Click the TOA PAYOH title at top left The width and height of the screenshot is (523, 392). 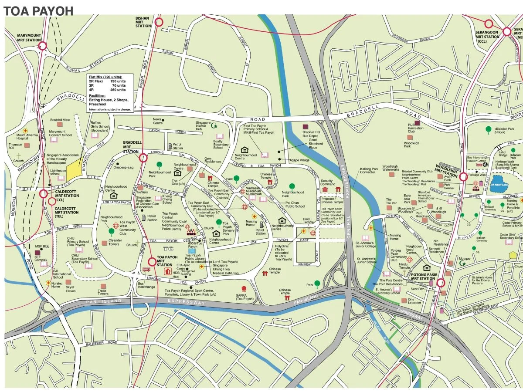pos(38,11)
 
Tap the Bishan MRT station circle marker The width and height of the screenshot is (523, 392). pos(159,22)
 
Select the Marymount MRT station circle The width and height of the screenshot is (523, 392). pos(43,46)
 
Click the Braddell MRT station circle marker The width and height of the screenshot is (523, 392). pos(143,157)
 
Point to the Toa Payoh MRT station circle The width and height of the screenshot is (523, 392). pos(152,262)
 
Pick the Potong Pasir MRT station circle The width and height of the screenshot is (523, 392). pos(441,283)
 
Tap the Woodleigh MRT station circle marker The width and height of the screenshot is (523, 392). pos(463,177)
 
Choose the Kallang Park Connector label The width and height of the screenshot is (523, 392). pos(367,170)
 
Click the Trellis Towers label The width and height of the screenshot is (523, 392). pos(102,292)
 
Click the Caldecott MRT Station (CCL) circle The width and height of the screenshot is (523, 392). pos(44,194)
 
